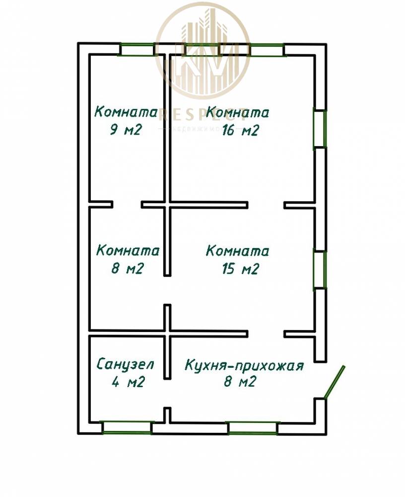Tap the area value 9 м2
(x=126, y=130)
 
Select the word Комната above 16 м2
(x=238, y=112)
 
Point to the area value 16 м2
(x=240, y=130)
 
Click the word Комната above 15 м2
(x=238, y=250)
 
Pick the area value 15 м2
(x=240, y=269)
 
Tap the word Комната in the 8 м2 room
(x=128, y=250)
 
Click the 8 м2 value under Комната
(x=128, y=269)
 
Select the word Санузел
(x=126, y=364)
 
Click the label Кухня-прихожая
(x=244, y=366)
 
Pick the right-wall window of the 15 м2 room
(x=320, y=269)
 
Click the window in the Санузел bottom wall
(x=126, y=427)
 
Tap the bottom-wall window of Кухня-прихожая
(x=252, y=427)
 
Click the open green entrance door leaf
(x=334, y=382)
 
